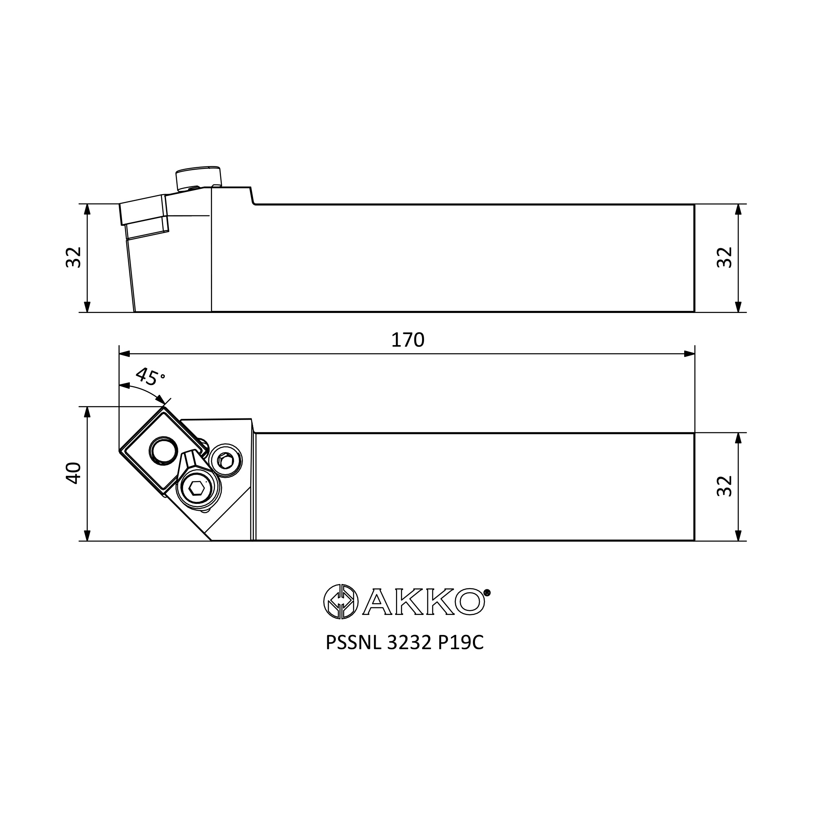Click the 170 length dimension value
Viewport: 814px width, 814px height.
click(x=407, y=340)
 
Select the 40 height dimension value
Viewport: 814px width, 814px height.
click(x=74, y=473)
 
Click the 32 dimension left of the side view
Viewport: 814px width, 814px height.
click(x=74, y=258)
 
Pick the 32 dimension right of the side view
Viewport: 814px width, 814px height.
click(x=725, y=258)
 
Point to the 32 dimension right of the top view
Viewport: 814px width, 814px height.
click(x=725, y=486)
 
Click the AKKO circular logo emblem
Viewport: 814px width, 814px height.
click(x=341, y=602)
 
